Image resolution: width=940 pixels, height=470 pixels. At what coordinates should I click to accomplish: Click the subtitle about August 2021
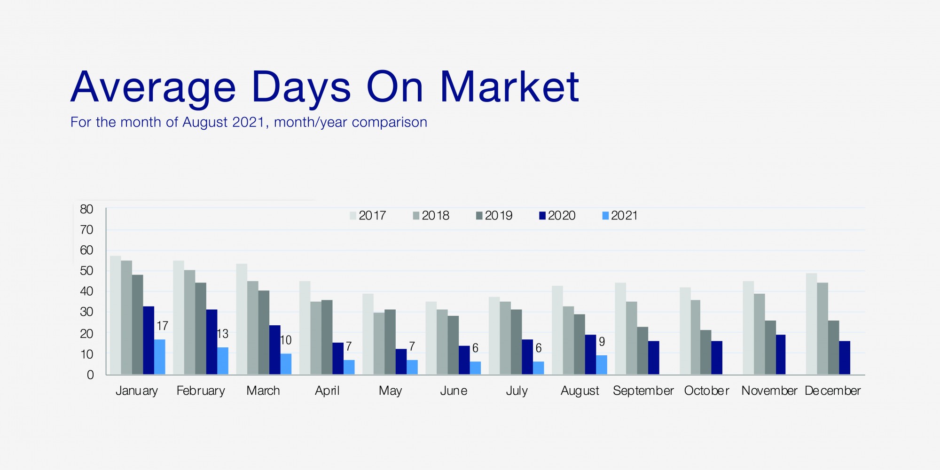tap(249, 122)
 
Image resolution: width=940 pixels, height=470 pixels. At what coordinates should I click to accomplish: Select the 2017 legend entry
tap(368, 216)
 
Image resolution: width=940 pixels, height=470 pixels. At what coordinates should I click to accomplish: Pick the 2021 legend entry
tap(620, 216)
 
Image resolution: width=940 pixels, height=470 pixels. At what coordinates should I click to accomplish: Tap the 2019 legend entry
tap(494, 216)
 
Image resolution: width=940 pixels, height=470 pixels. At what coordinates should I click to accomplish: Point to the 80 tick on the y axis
tap(86, 209)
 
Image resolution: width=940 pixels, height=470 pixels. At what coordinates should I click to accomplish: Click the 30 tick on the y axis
tap(86, 312)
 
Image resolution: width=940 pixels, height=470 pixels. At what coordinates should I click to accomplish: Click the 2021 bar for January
tap(160, 357)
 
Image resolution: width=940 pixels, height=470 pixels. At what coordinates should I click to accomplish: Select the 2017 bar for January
tap(115, 315)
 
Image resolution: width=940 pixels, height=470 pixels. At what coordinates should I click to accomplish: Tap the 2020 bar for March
tap(274, 350)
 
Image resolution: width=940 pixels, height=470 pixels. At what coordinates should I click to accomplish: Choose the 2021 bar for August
tap(602, 365)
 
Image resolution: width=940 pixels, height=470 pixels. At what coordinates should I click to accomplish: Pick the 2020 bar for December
tap(845, 358)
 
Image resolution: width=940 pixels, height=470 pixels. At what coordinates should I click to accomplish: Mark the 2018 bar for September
tap(632, 338)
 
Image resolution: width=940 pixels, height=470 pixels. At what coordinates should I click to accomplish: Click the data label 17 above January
tap(162, 326)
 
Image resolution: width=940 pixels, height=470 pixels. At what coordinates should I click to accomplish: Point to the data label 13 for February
tap(222, 334)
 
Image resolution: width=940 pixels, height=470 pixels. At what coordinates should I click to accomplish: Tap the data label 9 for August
tap(602, 342)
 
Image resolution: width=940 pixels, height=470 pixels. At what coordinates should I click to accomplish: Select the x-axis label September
tap(643, 391)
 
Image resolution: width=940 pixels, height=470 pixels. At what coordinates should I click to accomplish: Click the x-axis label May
tap(390, 391)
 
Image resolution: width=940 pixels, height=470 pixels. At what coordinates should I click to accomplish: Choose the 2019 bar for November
tap(770, 347)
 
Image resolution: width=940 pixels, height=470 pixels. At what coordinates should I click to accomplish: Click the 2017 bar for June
tap(431, 338)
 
